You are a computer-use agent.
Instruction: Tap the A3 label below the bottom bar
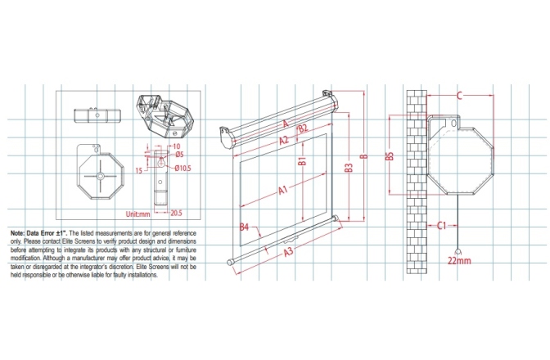pyautogui.click(x=288, y=253)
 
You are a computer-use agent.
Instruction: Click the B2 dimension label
pyautogui.click(x=302, y=129)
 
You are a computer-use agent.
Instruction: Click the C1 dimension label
pyautogui.click(x=441, y=224)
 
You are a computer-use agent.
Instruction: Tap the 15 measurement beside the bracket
pyautogui.click(x=140, y=170)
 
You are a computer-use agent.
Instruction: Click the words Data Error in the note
pyautogui.click(x=43, y=234)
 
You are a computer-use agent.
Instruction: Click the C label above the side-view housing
pyautogui.click(x=459, y=97)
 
